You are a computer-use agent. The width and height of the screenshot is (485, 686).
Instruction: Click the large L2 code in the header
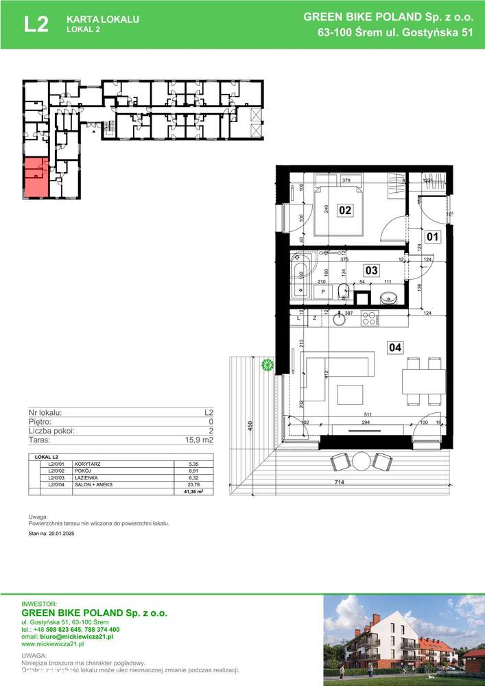click(36, 25)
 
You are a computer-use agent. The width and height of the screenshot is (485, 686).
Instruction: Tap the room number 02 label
click(344, 211)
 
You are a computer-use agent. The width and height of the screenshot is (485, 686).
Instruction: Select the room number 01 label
click(432, 238)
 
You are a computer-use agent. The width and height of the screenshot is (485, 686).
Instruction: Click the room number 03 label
click(370, 270)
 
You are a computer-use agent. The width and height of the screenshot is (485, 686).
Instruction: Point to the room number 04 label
click(394, 348)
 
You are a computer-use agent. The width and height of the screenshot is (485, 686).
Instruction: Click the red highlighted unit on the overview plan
click(35, 177)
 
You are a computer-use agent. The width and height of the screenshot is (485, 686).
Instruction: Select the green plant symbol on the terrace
click(268, 365)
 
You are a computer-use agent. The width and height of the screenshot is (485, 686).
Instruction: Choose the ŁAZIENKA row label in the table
click(88, 478)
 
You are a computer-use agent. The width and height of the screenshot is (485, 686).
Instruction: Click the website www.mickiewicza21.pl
click(53, 644)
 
